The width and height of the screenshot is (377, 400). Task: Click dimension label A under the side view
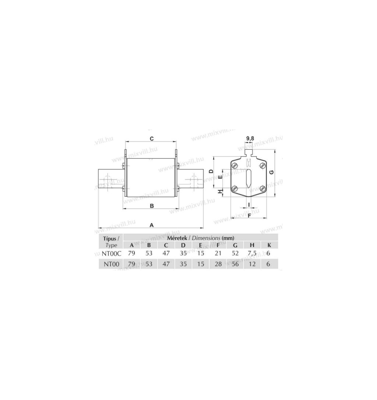click(x=151, y=225)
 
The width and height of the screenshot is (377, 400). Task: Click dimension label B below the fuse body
click(x=152, y=206)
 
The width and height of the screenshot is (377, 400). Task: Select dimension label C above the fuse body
click(x=151, y=139)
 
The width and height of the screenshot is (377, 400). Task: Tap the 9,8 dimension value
click(x=250, y=139)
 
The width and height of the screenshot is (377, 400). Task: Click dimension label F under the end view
click(x=250, y=215)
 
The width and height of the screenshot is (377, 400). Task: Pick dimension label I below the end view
click(x=249, y=204)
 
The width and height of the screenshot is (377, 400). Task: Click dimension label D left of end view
click(x=211, y=171)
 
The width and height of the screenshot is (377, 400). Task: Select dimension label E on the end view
click(x=220, y=177)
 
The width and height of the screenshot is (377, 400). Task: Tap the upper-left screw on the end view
click(x=235, y=165)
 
